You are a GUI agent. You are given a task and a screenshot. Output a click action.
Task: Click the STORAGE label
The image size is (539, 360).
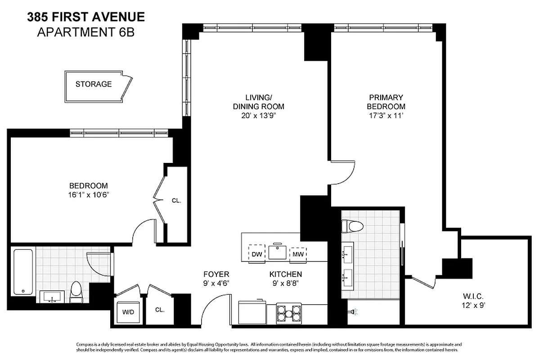94,84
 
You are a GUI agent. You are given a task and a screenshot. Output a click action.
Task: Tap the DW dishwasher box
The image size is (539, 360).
257,254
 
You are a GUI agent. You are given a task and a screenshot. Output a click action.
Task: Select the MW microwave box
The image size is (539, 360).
298,254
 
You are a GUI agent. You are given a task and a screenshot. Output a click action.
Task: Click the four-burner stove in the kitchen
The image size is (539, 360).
288,312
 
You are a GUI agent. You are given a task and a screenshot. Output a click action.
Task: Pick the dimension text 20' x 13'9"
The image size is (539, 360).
258,116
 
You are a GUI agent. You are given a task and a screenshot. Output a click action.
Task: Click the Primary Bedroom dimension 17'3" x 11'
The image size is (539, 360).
386,116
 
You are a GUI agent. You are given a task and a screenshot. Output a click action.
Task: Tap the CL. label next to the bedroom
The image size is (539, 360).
176,201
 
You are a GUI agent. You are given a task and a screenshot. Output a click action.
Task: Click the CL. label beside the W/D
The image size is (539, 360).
160,310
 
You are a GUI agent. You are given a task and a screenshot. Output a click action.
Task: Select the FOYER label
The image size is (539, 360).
216,274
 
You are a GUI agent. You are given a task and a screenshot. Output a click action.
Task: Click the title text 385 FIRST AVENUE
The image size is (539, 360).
86,18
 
